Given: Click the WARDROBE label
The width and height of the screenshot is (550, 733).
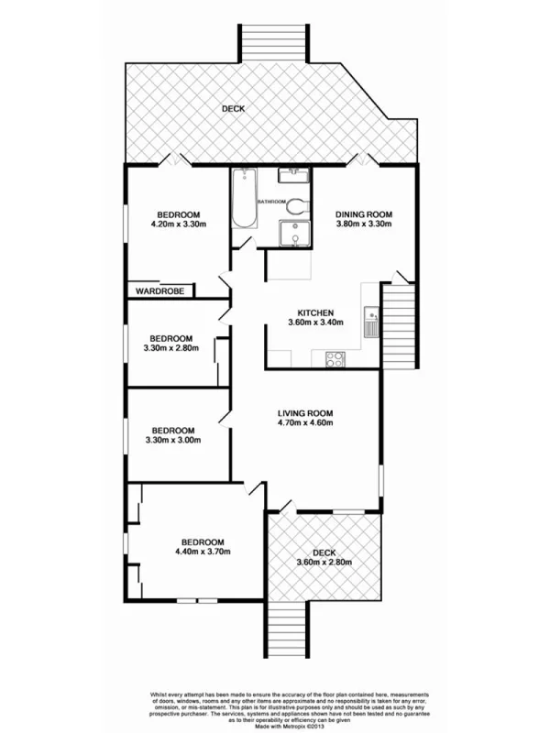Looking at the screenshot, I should [x=161, y=290].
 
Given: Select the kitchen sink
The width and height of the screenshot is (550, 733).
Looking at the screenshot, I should [x=371, y=322].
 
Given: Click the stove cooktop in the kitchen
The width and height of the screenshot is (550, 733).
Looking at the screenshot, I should [x=336, y=360].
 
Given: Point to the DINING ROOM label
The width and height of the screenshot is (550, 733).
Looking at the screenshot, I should [x=363, y=214].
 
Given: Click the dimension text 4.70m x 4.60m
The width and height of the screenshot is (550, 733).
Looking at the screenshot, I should [x=306, y=422].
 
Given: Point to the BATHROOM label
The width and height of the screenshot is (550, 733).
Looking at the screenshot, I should [x=272, y=202].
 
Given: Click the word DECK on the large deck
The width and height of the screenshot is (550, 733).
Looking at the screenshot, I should [x=235, y=111].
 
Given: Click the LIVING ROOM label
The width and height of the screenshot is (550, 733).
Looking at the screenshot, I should [x=306, y=411].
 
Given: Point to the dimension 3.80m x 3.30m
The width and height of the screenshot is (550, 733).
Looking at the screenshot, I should [x=363, y=224].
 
